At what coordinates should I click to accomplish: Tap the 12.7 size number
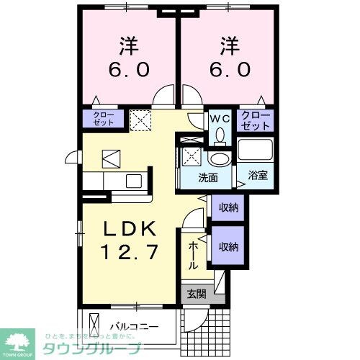130,252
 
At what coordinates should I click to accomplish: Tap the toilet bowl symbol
220,135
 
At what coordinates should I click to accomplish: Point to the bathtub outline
256,150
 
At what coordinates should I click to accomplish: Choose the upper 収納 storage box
229,207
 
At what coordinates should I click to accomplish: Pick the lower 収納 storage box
229,247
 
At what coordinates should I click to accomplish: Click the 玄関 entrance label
197,294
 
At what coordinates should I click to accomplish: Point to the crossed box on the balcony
91,325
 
